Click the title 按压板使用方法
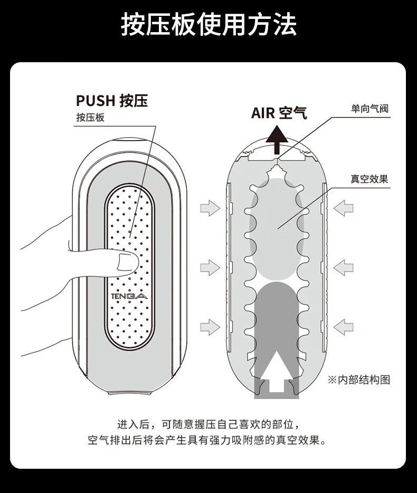click(x=209, y=25)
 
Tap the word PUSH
click(x=96, y=100)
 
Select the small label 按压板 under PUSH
click(x=90, y=117)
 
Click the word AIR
click(x=263, y=113)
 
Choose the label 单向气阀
click(x=369, y=109)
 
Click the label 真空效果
click(x=369, y=179)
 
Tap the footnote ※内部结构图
click(x=359, y=379)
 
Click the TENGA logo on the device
click(x=130, y=297)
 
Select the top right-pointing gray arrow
click(x=210, y=208)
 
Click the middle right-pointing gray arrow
click(x=210, y=267)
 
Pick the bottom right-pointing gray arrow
click(x=210, y=326)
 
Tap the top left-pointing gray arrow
click(x=344, y=208)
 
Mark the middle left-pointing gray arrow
click(x=344, y=267)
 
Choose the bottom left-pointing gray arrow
click(x=344, y=326)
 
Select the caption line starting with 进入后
click(x=208, y=423)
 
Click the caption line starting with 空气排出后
click(x=208, y=440)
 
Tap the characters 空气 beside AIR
click(x=293, y=113)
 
